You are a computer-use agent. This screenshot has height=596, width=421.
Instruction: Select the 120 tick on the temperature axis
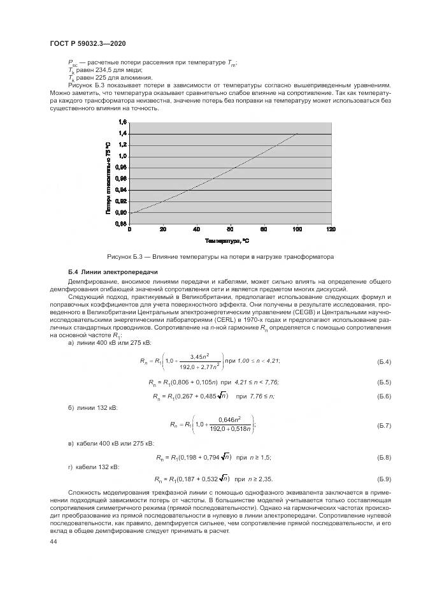[x=330, y=229]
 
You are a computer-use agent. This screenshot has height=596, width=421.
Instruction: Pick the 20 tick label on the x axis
[x=163, y=229]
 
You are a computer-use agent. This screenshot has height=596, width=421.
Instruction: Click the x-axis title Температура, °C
[x=227, y=241]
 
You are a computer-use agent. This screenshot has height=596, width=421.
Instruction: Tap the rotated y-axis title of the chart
[x=109, y=176]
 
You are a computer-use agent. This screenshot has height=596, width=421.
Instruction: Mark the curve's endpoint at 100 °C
[x=297, y=134]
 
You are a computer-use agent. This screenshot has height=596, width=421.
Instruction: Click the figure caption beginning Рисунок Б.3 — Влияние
[x=221, y=257]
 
